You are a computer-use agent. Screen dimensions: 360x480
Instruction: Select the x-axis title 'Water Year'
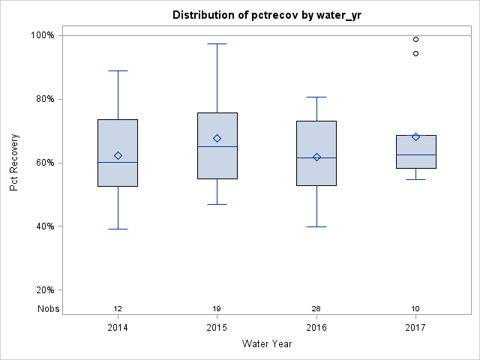click(x=266, y=344)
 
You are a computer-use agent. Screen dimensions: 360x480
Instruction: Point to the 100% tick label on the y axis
click(x=41, y=35)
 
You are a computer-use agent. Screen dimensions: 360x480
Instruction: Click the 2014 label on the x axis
click(x=118, y=328)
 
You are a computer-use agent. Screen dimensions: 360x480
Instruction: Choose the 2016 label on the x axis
click(x=316, y=328)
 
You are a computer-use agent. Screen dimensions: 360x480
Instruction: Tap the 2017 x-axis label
click(x=415, y=328)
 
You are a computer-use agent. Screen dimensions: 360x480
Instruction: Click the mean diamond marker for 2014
click(x=118, y=155)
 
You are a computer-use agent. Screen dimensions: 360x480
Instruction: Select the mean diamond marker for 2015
click(x=217, y=138)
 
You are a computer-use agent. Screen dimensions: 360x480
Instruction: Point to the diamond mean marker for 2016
click(x=316, y=157)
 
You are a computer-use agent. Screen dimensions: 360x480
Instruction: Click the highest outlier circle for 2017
click(x=415, y=39)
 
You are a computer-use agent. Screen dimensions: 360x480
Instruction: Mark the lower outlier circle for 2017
click(x=415, y=53)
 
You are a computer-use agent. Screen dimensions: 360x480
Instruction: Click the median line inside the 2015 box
click(x=217, y=146)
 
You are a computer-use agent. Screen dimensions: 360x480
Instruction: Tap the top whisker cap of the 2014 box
click(x=118, y=70)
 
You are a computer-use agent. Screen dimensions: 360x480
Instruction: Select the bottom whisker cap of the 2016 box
click(x=316, y=226)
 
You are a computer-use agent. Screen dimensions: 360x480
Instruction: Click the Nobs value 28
click(x=316, y=309)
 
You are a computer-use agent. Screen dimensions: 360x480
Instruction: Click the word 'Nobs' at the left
click(x=49, y=309)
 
